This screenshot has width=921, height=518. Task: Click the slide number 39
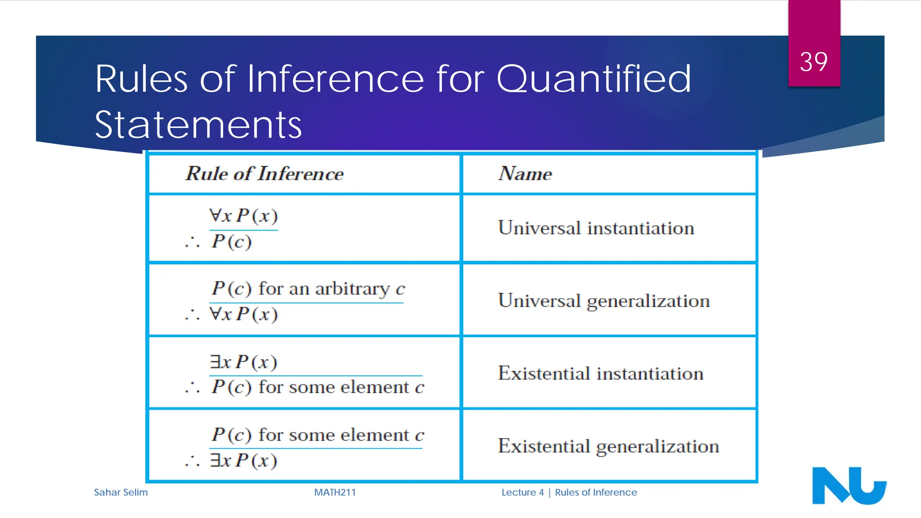coord(814,62)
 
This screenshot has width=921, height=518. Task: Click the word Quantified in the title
coord(593,79)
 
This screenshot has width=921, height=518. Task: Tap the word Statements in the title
coord(198,125)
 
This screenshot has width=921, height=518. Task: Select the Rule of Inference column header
coord(264,174)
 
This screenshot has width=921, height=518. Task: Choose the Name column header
coord(525,174)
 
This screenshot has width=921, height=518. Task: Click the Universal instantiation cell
coord(596,228)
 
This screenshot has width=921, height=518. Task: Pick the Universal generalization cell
coord(604,301)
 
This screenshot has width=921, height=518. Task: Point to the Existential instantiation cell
coord(600,374)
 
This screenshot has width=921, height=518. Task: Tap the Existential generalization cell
coord(608,447)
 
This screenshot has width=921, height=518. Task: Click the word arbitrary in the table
coord(352,289)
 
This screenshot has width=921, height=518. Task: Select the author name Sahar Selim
coord(121,492)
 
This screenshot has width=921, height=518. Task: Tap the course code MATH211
coord(335,492)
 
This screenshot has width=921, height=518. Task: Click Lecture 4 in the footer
coord(523,492)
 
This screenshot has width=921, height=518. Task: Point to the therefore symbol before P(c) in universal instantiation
coord(192,243)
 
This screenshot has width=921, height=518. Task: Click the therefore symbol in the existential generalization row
coord(192,461)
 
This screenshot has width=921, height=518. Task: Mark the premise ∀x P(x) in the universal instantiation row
coord(243,216)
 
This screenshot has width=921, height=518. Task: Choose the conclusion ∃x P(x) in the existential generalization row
coord(243,460)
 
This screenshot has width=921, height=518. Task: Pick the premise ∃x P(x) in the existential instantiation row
coord(243,362)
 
